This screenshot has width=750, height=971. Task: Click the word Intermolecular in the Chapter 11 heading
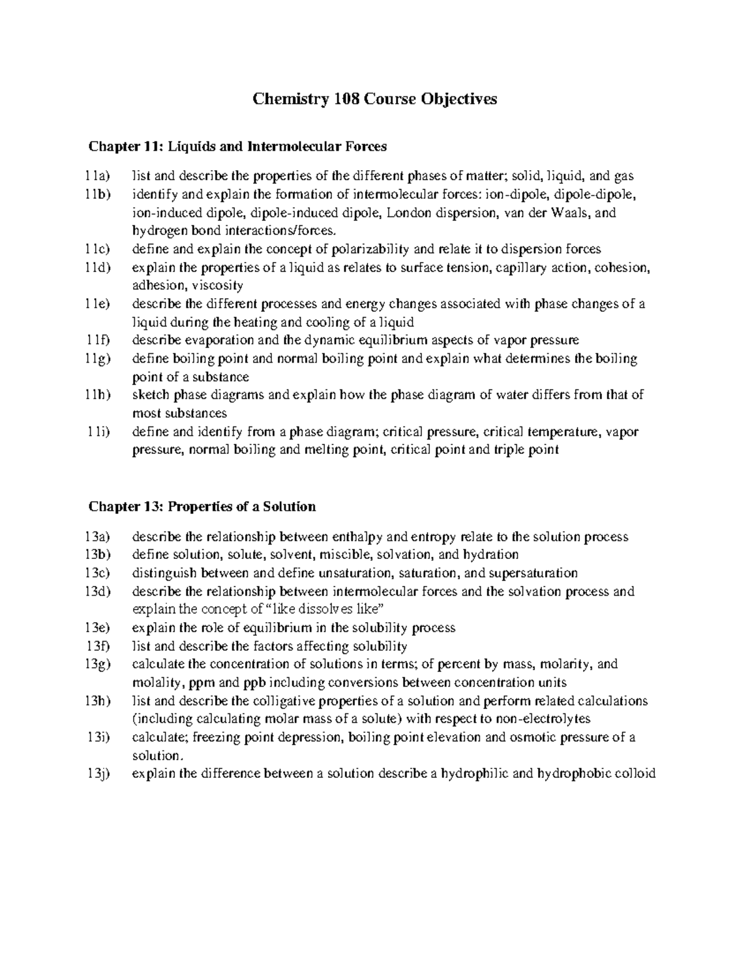[x=294, y=146]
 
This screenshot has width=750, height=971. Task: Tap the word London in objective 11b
[x=409, y=213]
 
